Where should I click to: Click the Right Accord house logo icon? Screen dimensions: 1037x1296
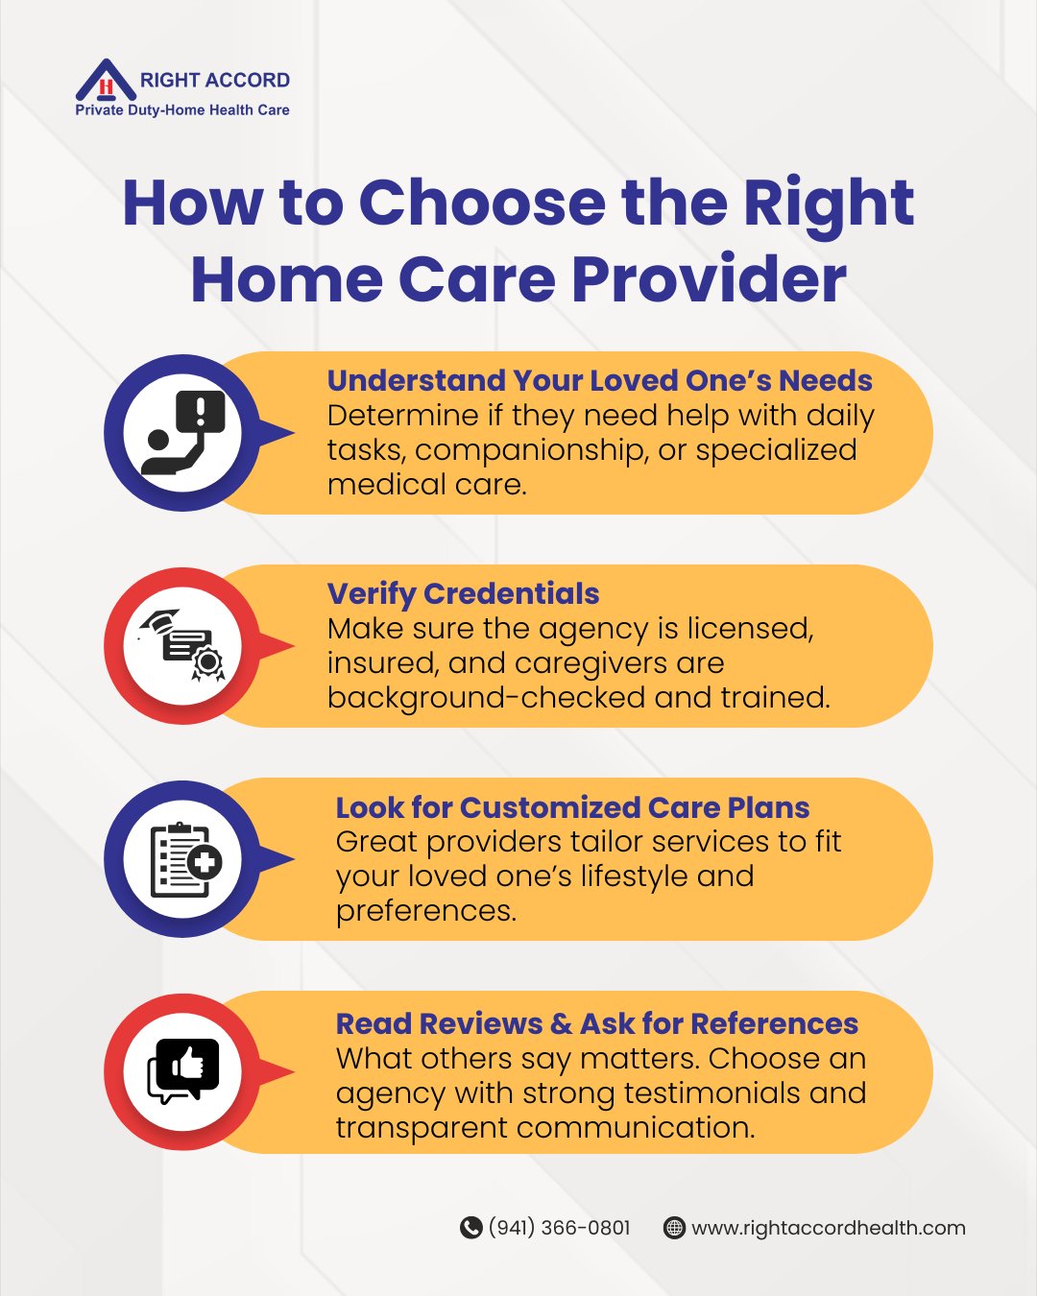[x=106, y=80]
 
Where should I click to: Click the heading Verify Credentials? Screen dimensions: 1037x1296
[x=464, y=594]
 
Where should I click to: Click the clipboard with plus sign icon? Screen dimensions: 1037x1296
[x=185, y=860]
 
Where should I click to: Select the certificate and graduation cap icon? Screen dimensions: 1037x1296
[x=182, y=645]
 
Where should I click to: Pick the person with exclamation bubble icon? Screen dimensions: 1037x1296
[x=182, y=432]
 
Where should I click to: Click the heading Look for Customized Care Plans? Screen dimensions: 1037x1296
[x=572, y=807]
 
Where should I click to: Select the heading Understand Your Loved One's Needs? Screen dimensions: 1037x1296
[x=599, y=380]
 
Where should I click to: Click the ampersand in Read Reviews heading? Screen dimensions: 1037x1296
[x=561, y=1023]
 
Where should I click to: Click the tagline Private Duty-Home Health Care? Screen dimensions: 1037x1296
[x=182, y=110]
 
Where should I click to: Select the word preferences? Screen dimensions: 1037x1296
[x=426, y=912]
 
